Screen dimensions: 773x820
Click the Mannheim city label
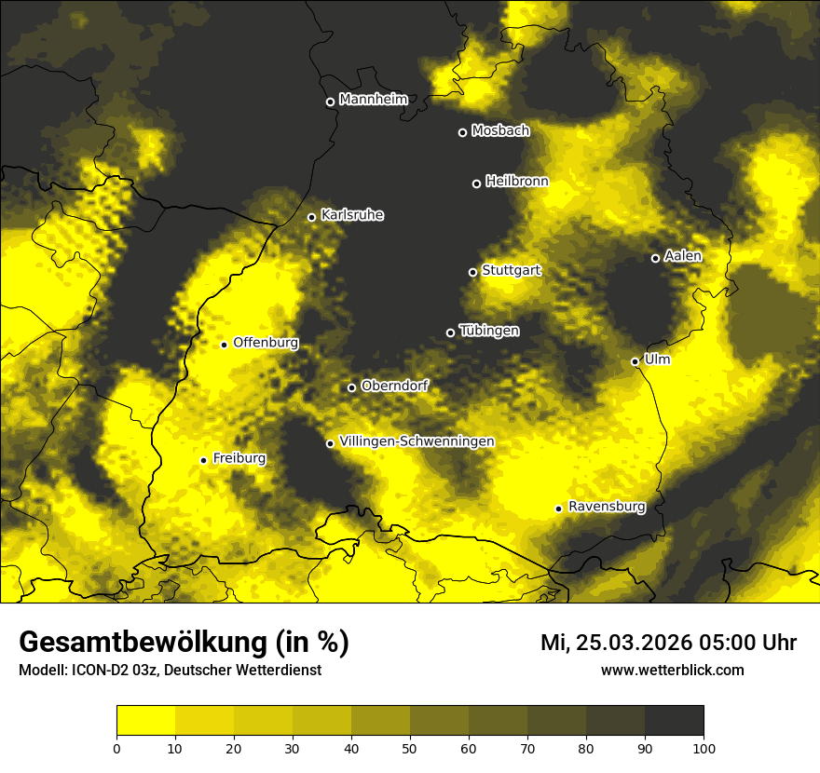pyautogui.click(x=374, y=99)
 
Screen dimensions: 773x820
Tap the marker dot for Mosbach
pyautogui.click(x=462, y=132)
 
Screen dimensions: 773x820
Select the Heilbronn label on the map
pyautogui.click(x=517, y=181)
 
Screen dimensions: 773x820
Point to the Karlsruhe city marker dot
pyautogui.click(x=312, y=217)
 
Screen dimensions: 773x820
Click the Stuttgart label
pyautogui.click(x=512, y=270)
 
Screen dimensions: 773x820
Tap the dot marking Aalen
pyautogui.click(x=655, y=258)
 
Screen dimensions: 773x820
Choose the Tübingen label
pyautogui.click(x=489, y=331)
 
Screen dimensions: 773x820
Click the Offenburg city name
pyautogui.click(x=266, y=342)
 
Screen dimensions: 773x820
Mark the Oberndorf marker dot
pyautogui.click(x=351, y=387)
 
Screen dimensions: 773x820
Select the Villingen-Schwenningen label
pyautogui.click(x=417, y=441)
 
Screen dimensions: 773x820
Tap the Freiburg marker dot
pyautogui.click(x=203, y=460)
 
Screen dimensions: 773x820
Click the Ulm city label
pyautogui.click(x=657, y=359)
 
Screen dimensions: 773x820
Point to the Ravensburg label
pyautogui.click(x=607, y=507)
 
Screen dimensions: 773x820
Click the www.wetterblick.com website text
pyautogui.click(x=672, y=670)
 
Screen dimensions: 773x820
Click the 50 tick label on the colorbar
pyautogui.click(x=410, y=747)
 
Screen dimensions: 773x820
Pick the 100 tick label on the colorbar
pyautogui.click(x=703, y=747)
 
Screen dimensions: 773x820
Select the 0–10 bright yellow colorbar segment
pyautogui.click(x=145, y=721)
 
